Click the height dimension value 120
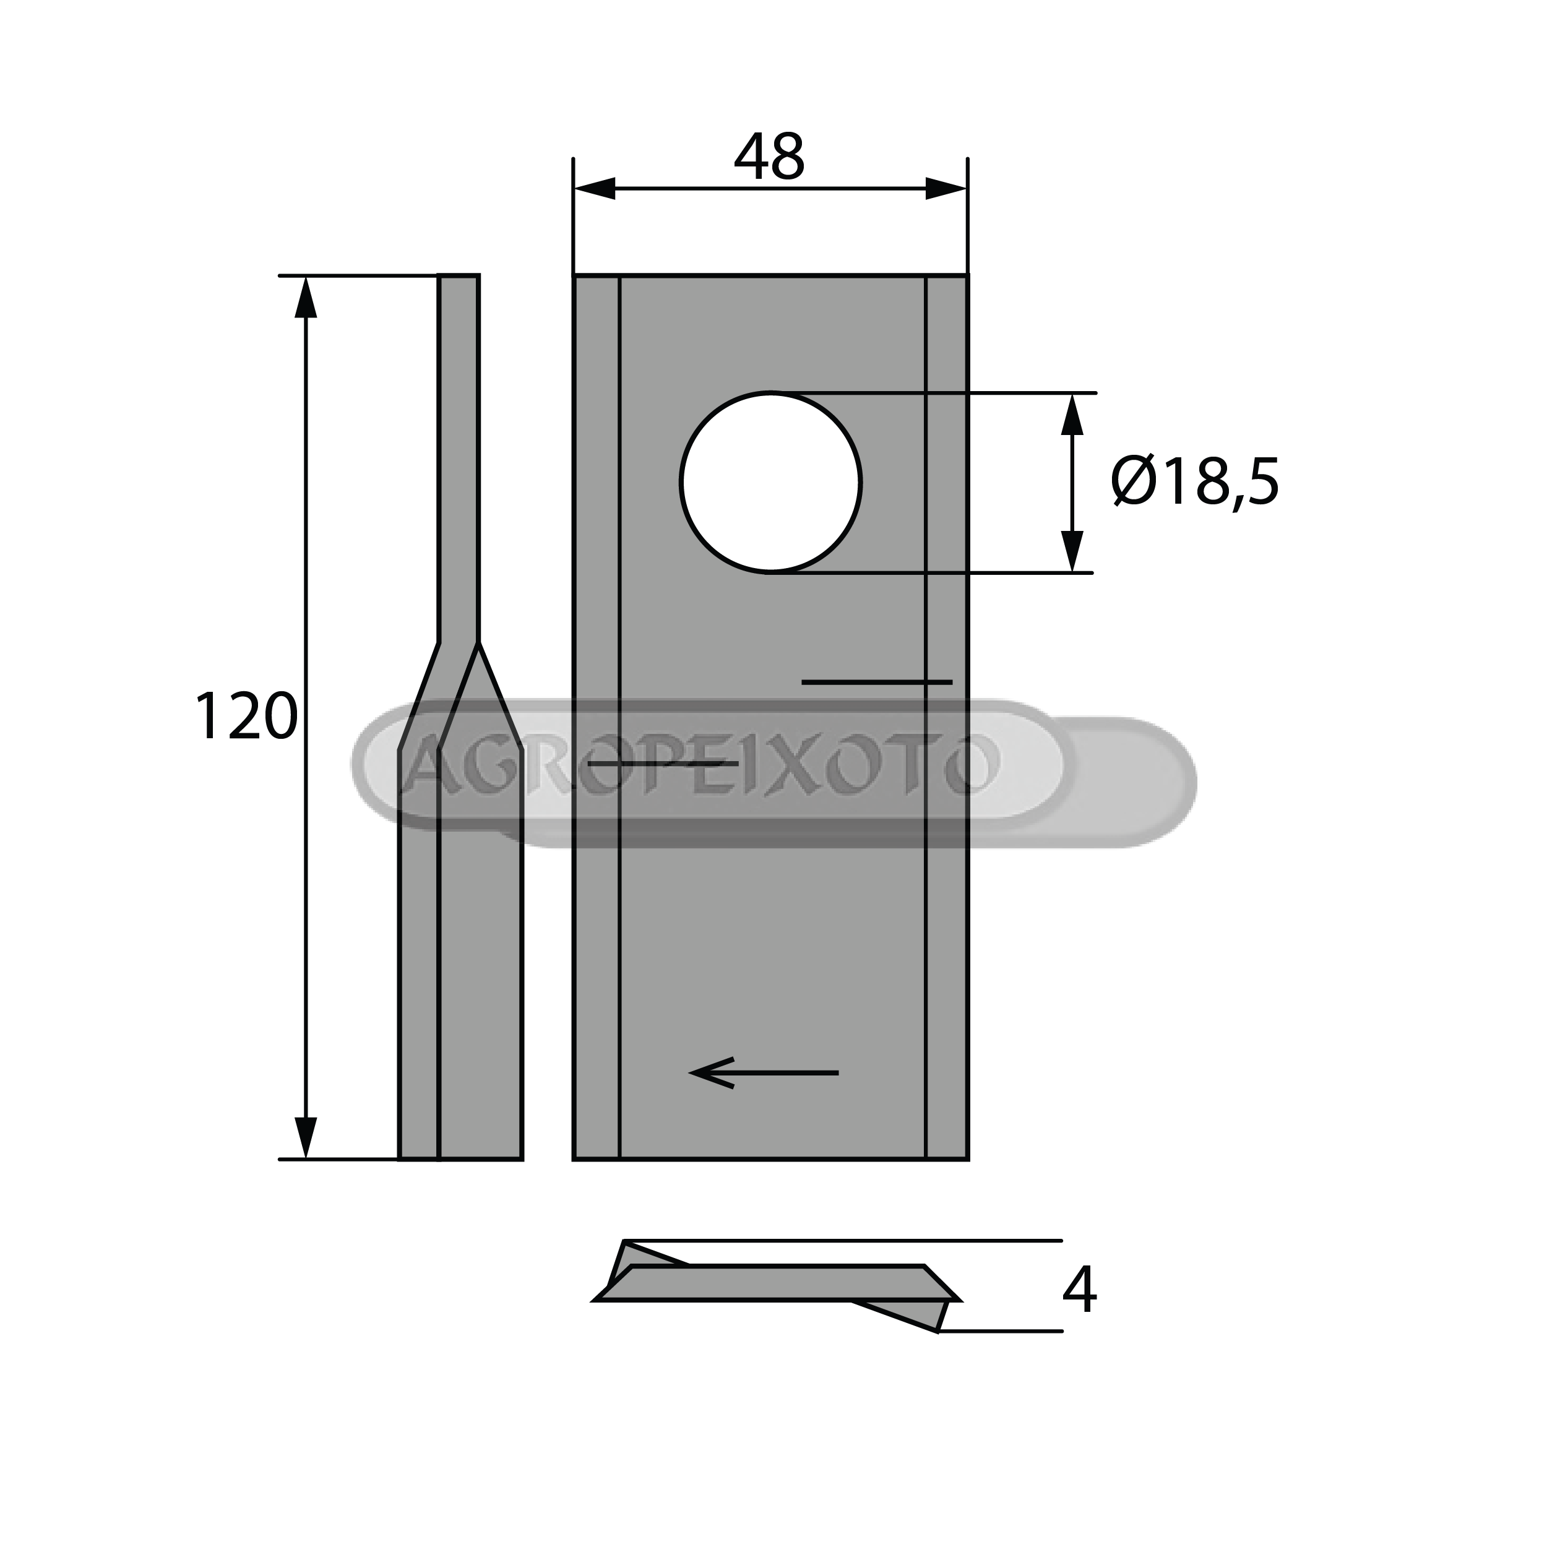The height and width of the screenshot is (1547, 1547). point(246,717)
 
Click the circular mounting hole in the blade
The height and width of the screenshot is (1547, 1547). point(770,483)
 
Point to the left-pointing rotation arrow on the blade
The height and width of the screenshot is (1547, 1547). point(764,1072)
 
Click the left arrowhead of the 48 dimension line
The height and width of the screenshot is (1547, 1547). point(594,189)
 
